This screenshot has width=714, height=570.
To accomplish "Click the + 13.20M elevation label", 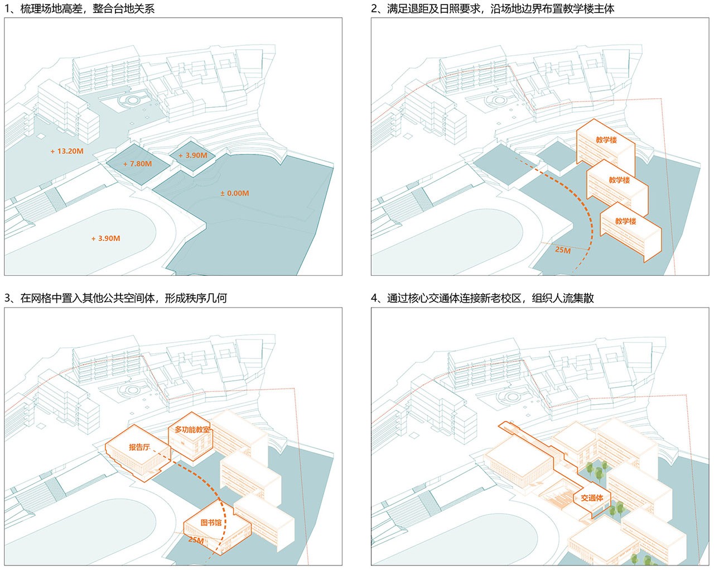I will [66, 151].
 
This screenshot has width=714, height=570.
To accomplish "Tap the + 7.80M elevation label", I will [137, 164].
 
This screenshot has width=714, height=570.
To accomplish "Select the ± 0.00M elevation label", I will [234, 193].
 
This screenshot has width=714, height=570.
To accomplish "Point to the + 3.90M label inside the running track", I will [105, 238].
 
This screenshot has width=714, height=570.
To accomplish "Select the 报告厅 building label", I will [139, 447].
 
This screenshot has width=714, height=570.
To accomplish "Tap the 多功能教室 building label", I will [192, 429].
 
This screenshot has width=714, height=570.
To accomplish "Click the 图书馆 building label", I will [211, 523].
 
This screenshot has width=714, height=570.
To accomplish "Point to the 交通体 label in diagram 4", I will [592, 497].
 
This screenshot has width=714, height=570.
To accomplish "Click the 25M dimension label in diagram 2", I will [563, 250].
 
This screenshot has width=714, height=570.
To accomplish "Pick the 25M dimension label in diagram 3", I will [196, 540].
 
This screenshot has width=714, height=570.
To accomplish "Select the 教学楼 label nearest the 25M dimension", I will [625, 221].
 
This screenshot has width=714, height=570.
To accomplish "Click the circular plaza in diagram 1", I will [133, 101].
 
